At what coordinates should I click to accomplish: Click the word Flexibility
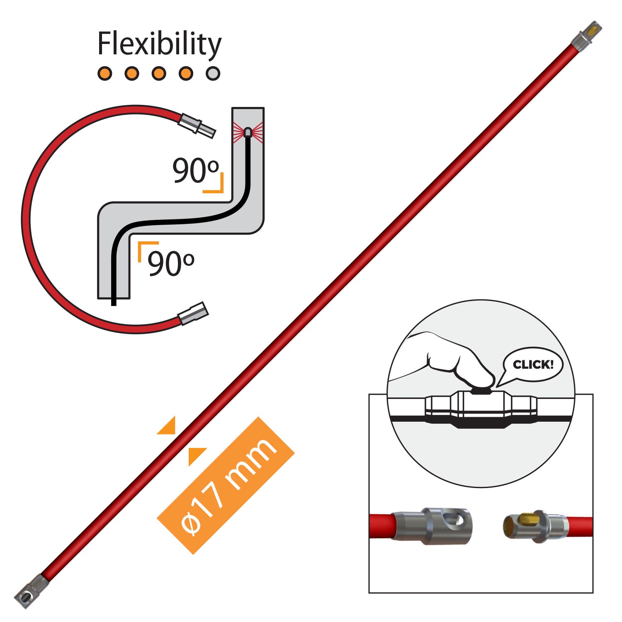[159, 44]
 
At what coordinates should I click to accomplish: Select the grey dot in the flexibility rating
[213, 73]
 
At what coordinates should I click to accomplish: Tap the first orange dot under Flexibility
[105, 73]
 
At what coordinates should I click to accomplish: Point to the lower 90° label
[170, 264]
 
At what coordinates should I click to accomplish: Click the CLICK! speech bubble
[533, 365]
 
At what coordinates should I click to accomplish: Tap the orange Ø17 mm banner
[226, 485]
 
